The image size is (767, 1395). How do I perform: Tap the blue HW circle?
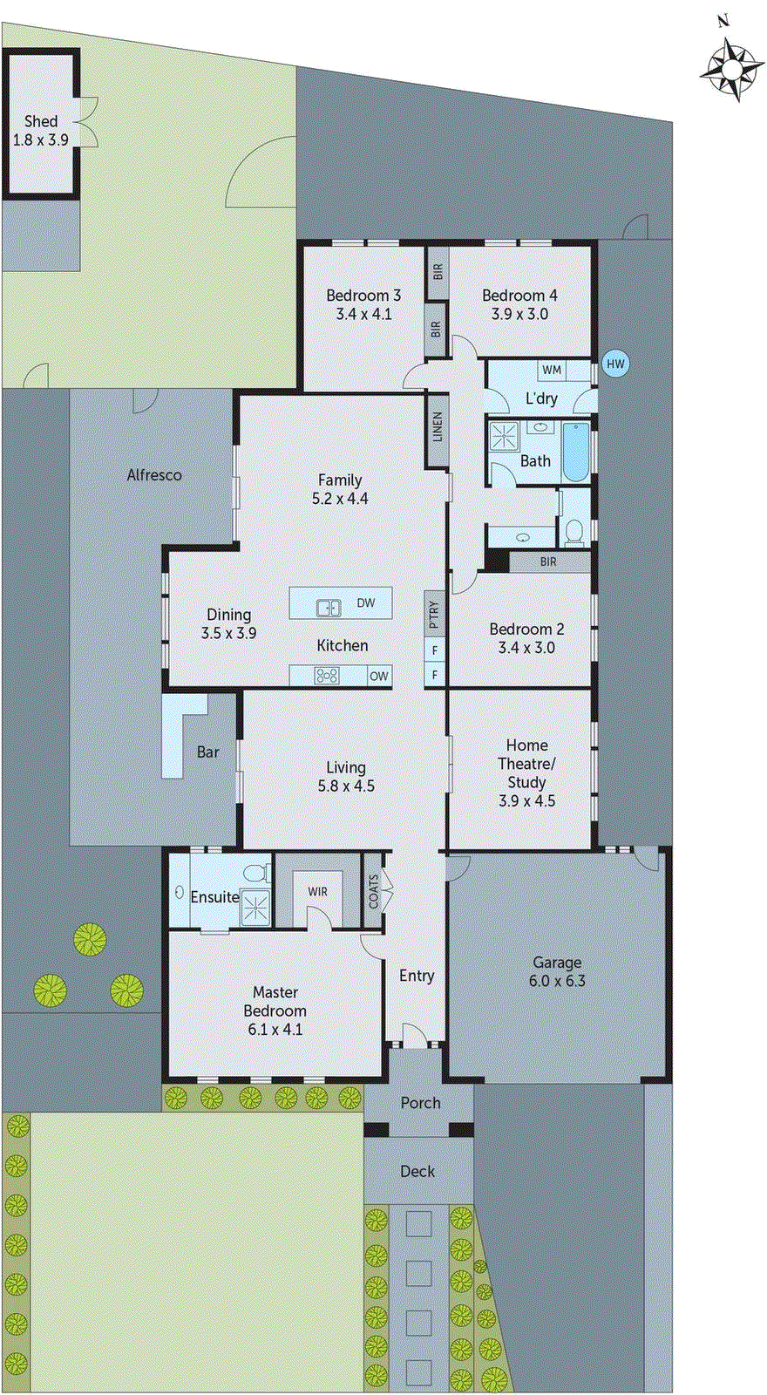click(615, 364)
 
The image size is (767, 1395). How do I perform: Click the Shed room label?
click(41, 122)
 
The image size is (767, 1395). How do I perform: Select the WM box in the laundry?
click(552, 370)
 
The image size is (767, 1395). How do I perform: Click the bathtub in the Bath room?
click(577, 450)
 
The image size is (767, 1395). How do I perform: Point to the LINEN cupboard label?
click(438, 426)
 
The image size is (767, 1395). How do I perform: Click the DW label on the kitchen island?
click(366, 602)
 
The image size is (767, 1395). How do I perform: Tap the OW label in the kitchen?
click(378, 676)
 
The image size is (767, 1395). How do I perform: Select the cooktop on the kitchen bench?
click(327, 675)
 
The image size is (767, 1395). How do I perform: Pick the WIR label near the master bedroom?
click(317, 891)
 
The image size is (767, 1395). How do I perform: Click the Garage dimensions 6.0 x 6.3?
click(557, 981)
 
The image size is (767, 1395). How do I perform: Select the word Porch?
click(420, 1103)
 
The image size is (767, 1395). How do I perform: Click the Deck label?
click(417, 1172)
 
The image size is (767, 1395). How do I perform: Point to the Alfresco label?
click(154, 475)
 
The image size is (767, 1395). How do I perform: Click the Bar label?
click(207, 752)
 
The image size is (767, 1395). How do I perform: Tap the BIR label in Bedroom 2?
click(547, 561)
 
